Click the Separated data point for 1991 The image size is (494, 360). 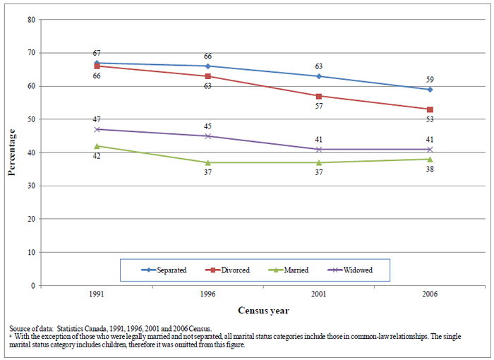[96, 63]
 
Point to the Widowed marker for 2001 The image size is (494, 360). [319, 150]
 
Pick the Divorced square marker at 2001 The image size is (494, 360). [319, 96]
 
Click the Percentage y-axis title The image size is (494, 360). [12, 152]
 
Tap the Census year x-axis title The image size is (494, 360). [263, 310]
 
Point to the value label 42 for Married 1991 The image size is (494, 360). [96, 156]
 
